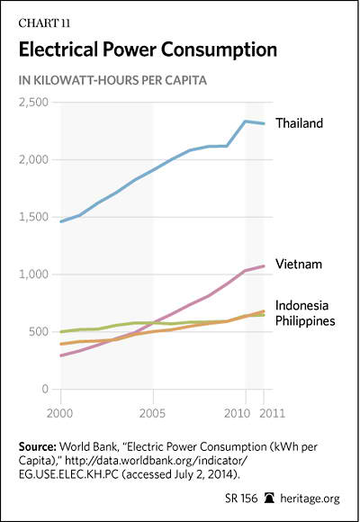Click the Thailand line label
299,123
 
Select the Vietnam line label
299,264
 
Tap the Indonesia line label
301,305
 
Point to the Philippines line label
305,320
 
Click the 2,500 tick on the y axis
33,103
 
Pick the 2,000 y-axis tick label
33,159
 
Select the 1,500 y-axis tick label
33,217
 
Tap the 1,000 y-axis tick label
33,274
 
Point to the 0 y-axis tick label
45,389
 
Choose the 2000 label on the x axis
59,413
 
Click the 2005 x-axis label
152,413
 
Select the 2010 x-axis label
237,413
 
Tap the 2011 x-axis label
272,413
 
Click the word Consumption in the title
219,50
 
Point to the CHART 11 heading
44,23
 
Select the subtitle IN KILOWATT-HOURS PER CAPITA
112,81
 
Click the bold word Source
37,446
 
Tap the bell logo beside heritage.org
269,498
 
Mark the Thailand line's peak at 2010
246,121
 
